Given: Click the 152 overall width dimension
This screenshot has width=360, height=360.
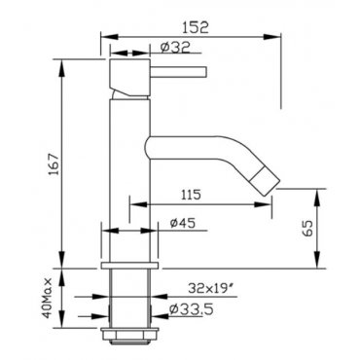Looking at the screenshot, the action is click(195, 27).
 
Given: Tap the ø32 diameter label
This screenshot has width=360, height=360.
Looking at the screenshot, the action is click(175, 48).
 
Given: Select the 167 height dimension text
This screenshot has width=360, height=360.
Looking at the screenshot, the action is click(54, 164).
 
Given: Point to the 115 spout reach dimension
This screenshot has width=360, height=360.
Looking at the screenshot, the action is click(191, 195).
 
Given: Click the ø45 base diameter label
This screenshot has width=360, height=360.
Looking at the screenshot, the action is click(183, 223).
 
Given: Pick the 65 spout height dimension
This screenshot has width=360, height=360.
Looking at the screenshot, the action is click(308, 229).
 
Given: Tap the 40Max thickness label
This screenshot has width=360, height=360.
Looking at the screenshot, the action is click(48, 298).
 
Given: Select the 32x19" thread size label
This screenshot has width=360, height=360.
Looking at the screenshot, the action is click(212, 288).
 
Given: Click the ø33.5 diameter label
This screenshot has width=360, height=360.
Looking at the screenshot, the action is click(192, 309).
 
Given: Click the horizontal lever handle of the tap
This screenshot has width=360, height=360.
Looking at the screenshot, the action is click(178, 72).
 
